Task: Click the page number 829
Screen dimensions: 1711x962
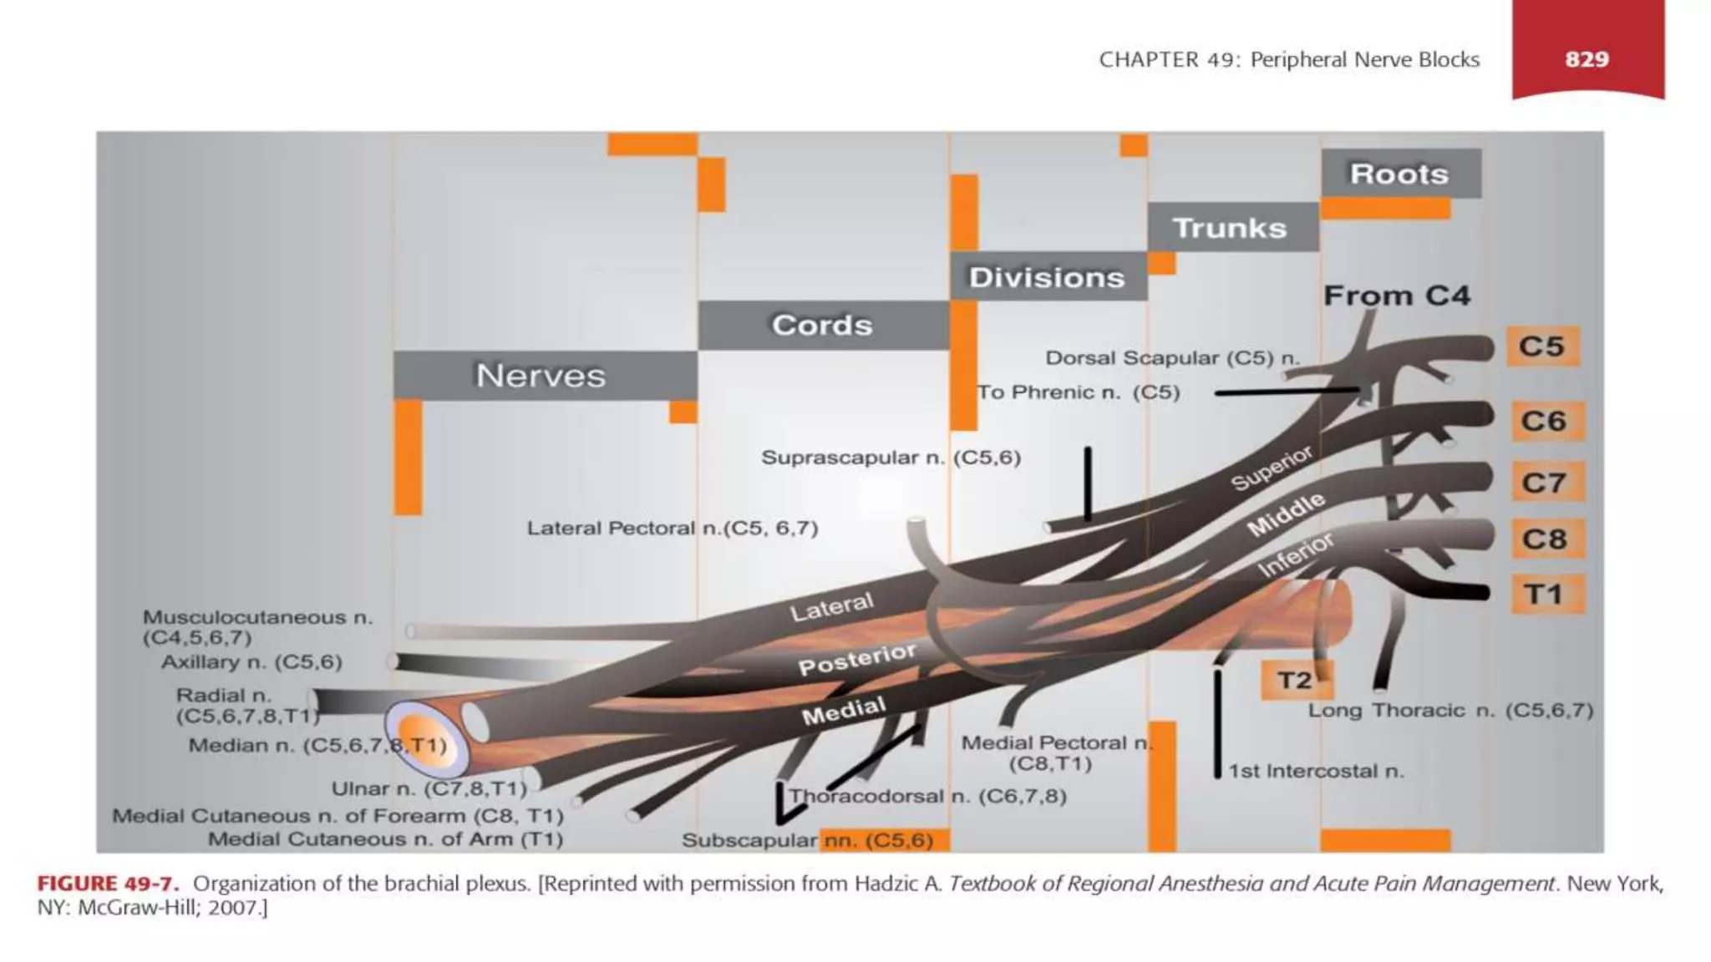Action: point(1587,59)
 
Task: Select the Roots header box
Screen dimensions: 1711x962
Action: point(1400,174)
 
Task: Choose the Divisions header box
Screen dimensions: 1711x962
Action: point(1047,277)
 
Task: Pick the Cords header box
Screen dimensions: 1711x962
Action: point(822,325)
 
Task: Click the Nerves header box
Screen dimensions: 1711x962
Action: point(541,376)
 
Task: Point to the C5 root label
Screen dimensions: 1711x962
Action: point(1542,347)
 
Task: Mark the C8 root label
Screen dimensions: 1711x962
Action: point(1544,539)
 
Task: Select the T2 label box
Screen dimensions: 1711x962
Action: point(1294,681)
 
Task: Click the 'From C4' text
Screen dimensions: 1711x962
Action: point(1397,296)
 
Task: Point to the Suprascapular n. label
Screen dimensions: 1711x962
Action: point(891,458)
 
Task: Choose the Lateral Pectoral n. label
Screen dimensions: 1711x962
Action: point(673,529)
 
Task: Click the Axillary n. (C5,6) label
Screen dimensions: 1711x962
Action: point(251,662)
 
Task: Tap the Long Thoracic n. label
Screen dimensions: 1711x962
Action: point(1450,711)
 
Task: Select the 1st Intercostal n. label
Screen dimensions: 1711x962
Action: point(1316,772)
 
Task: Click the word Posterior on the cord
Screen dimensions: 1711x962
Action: point(857,660)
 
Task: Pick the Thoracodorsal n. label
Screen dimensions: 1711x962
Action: point(927,796)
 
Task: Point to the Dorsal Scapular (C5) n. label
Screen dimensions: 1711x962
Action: point(1173,358)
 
